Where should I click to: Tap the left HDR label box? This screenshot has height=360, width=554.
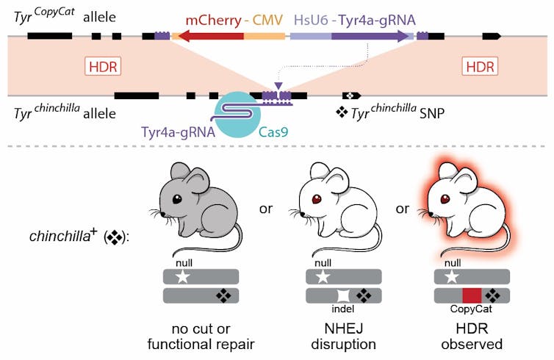click(x=102, y=67)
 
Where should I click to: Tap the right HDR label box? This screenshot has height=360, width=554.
click(x=480, y=67)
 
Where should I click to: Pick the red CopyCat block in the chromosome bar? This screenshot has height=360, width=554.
click(x=472, y=296)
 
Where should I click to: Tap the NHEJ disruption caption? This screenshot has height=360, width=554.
click(x=343, y=334)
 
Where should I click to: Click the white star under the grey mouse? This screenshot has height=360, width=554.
click(x=179, y=277)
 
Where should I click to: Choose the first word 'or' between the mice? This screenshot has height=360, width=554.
click(x=266, y=209)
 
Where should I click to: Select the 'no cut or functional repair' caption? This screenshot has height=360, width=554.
click(x=201, y=334)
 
